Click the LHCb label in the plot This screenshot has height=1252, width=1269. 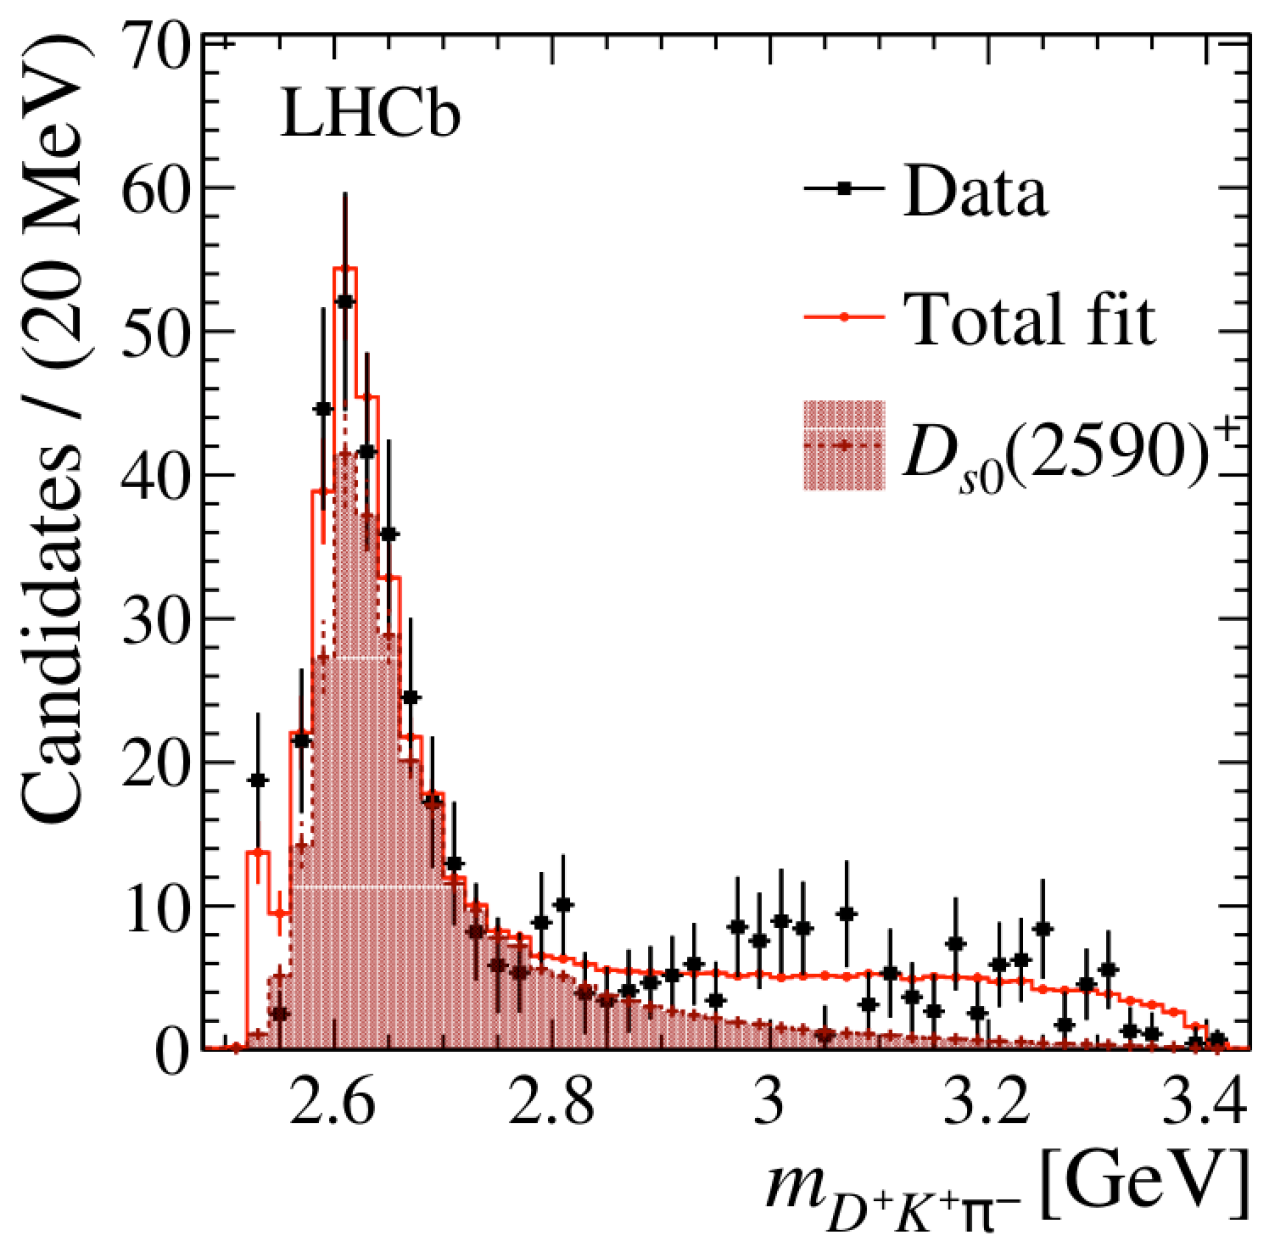click(x=370, y=117)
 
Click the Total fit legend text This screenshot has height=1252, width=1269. click(x=1030, y=319)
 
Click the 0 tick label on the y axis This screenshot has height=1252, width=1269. click(x=174, y=1049)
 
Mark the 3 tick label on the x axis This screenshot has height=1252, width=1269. click(x=768, y=1106)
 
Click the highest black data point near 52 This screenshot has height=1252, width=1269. click(x=345, y=301)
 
